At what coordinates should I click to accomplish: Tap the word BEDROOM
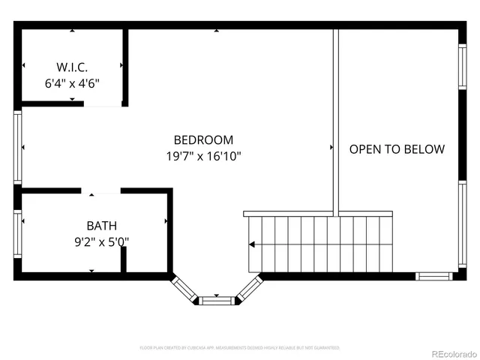point(203,139)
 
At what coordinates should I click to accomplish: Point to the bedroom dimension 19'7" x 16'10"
point(203,156)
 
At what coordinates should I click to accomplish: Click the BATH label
point(101,225)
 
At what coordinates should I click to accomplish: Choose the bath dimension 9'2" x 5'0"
point(101,241)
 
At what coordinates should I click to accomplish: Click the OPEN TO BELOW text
point(397,148)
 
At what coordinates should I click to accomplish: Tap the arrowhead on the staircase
point(253,244)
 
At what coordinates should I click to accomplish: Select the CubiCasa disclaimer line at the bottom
point(240,348)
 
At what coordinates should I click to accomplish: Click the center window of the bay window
point(217,300)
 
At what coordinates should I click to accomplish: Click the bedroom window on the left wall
point(17,148)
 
